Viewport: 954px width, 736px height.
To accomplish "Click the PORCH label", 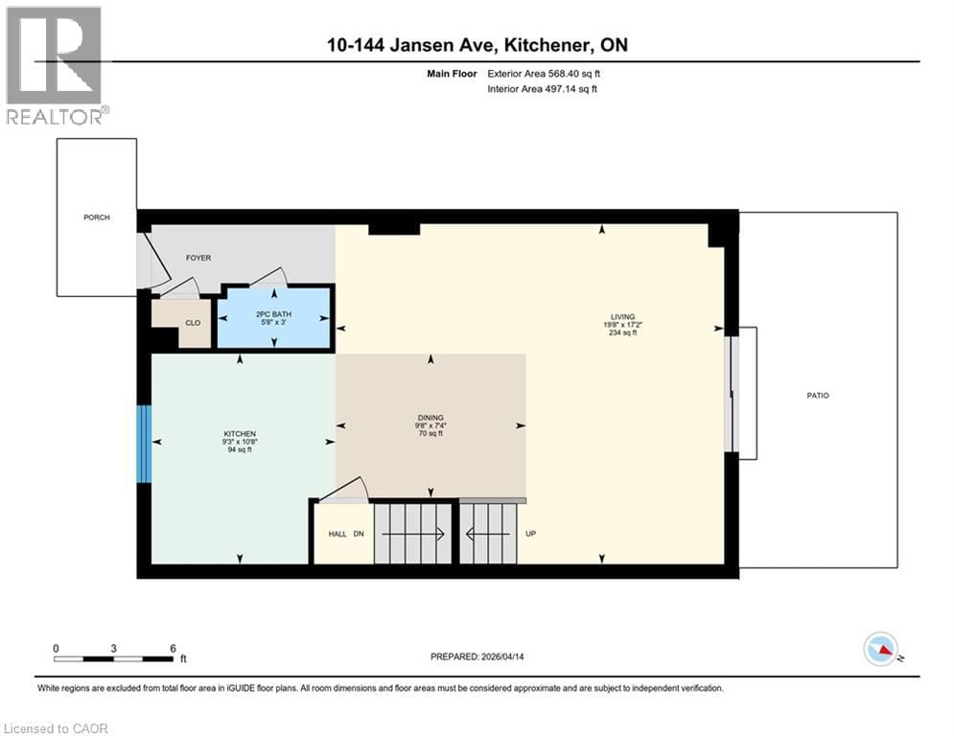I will [x=96, y=218].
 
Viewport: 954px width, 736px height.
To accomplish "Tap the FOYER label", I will [x=198, y=258].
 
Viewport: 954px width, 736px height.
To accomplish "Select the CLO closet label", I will [x=193, y=323].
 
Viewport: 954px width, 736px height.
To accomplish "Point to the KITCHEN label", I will [x=240, y=435].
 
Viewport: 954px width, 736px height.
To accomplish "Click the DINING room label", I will [x=430, y=418].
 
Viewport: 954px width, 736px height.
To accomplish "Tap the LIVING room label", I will [x=623, y=317].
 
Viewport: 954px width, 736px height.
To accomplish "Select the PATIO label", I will [x=817, y=395].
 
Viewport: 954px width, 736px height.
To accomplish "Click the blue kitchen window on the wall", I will [x=144, y=444].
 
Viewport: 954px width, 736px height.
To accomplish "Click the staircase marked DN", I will [x=410, y=534].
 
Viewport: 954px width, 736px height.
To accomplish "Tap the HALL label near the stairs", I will [x=337, y=534].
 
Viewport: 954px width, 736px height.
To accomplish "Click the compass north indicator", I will [x=881, y=650].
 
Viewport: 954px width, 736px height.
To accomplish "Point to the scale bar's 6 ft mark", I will [x=173, y=648].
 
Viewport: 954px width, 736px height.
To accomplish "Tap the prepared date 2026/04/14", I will [x=477, y=656].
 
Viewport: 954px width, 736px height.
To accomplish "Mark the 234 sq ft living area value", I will [x=623, y=333].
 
